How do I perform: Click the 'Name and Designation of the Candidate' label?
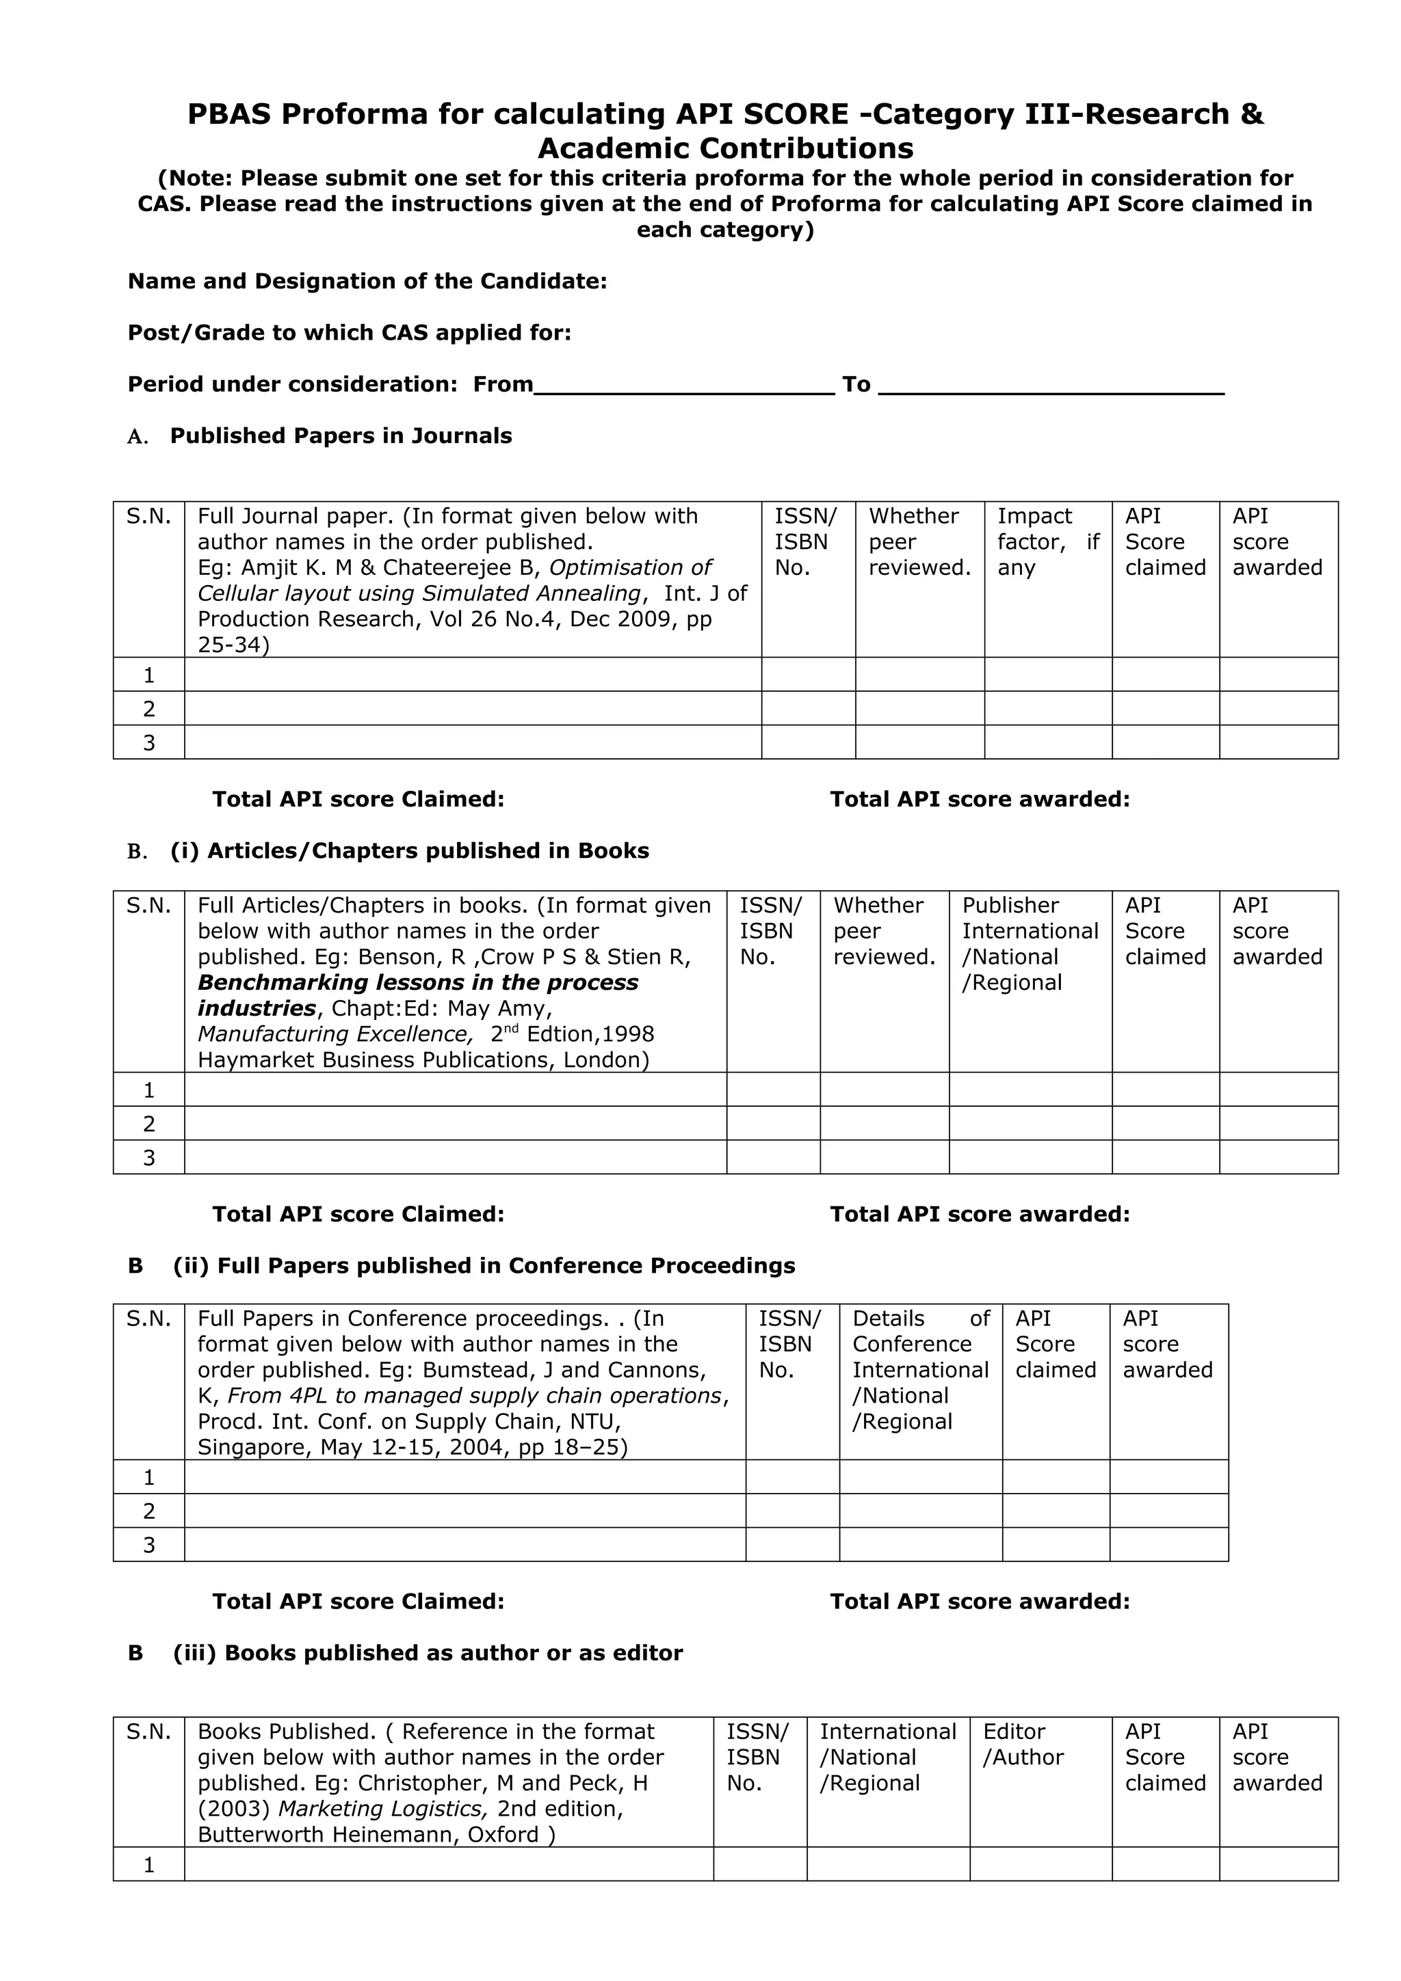(x=367, y=281)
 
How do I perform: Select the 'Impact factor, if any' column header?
(x=1047, y=542)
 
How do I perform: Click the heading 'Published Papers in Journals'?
(x=340, y=435)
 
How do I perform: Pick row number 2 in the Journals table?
(x=148, y=710)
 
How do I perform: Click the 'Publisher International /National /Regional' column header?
(x=1029, y=944)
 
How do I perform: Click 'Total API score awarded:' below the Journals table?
(x=980, y=800)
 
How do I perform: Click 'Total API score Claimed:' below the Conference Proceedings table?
(x=358, y=1602)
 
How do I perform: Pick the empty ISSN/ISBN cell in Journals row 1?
(x=808, y=675)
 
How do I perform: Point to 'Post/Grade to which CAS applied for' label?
(x=349, y=333)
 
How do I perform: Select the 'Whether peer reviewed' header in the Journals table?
(x=919, y=542)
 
